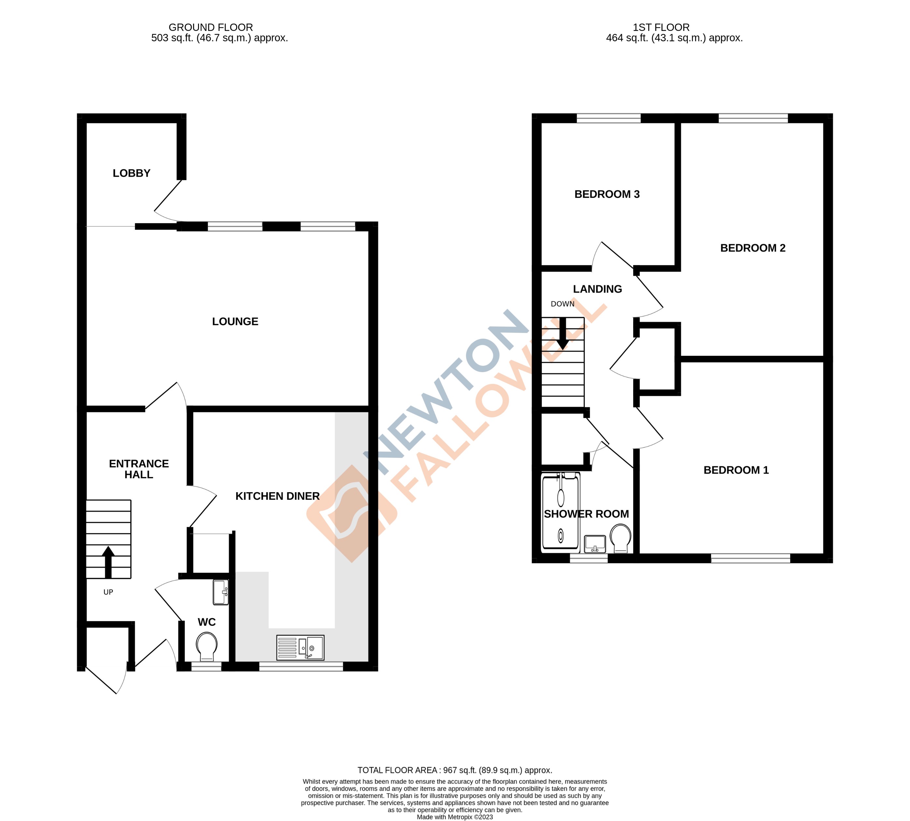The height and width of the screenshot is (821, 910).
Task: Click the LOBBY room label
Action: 131,173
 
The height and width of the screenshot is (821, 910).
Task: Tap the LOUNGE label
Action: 235,322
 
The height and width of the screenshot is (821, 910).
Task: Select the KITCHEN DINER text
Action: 277,496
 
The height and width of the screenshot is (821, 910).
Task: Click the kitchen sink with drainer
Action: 300,648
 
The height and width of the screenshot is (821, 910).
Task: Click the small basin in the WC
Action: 220,592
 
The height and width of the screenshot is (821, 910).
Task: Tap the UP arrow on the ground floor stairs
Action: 108,562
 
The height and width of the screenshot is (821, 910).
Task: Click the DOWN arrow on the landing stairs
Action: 562,334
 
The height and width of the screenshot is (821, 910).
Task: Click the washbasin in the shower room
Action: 595,543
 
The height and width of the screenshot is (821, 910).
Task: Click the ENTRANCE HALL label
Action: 139,469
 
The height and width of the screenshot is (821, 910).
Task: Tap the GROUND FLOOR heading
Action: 211,27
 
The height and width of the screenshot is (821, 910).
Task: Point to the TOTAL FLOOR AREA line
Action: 455,770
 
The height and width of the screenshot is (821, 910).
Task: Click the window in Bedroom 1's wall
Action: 750,558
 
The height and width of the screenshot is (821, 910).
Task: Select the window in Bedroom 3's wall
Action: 608,118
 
